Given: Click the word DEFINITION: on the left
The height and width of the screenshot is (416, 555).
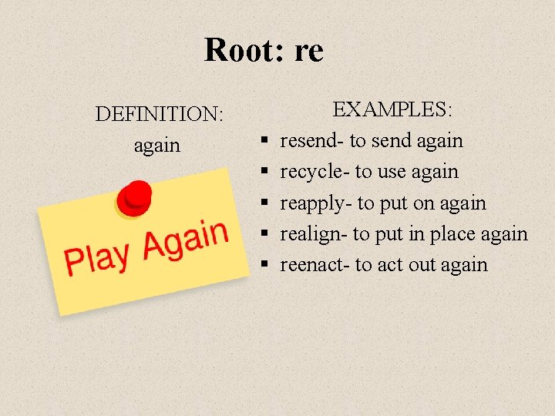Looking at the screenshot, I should [160, 114].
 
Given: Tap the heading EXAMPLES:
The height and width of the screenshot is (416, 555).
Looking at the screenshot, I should [392, 109].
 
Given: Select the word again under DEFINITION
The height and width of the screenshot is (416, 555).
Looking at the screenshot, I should [156, 145].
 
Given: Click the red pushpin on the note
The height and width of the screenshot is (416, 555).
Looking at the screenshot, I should [136, 198].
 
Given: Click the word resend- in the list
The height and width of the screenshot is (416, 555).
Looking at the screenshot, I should [312, 140].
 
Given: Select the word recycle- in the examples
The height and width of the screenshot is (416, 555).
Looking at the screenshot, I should [314, 172].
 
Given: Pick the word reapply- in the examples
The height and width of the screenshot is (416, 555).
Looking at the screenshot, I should [316, 203].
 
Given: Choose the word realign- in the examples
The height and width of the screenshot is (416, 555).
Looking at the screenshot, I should [314, 233].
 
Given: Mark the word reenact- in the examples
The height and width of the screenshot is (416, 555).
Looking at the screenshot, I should [314, 264].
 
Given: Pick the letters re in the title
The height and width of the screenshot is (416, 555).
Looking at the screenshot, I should [308, 51].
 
